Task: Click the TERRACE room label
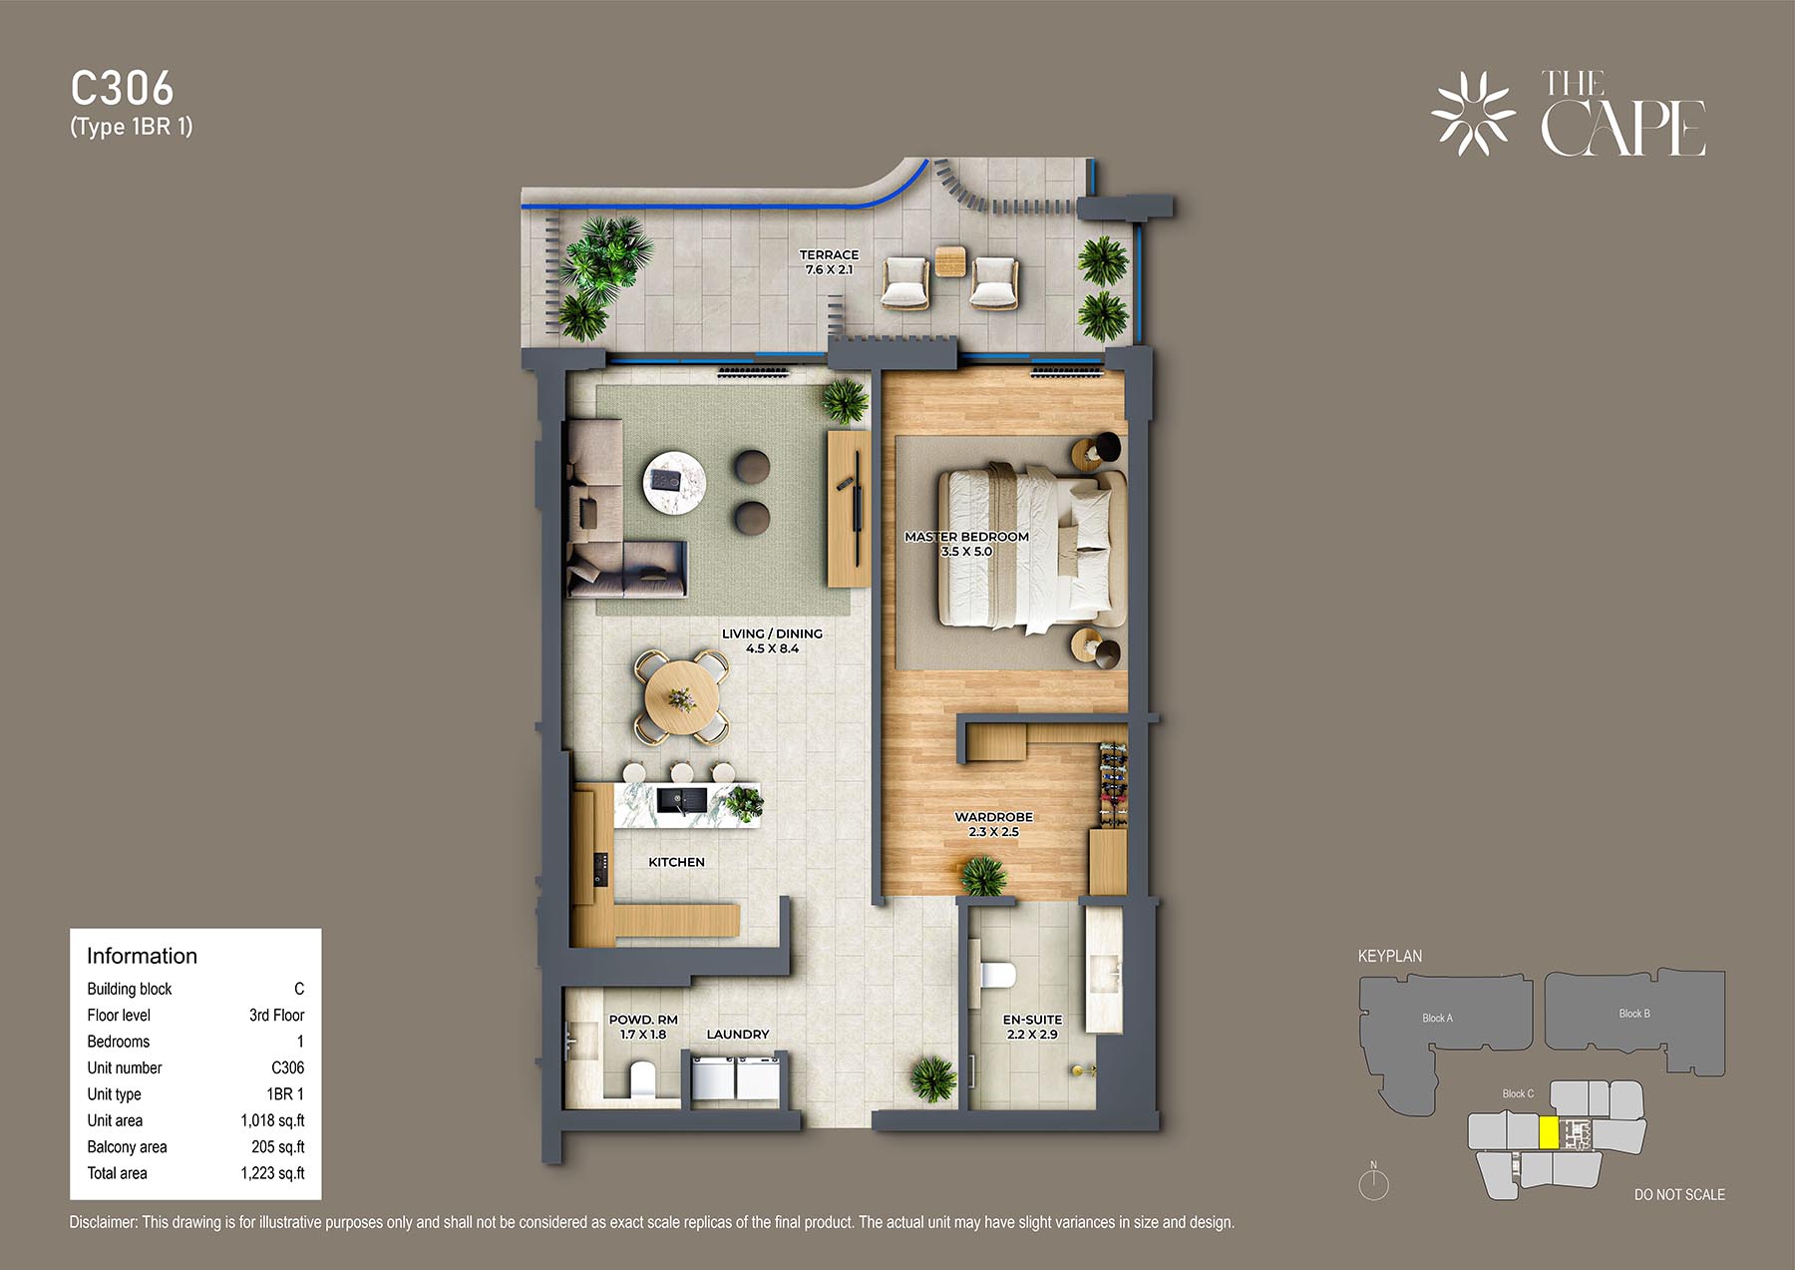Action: (x=829, y=255)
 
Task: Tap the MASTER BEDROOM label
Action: (x=966, y=537)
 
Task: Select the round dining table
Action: (x=682, y=697)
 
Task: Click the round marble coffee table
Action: (x=674, y=482)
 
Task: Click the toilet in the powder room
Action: (x=643, y=1080)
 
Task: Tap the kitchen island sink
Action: (x=682, y=800)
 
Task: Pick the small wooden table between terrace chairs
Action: (x=950, y=261)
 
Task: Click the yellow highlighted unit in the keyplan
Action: (x=1549, y=1133)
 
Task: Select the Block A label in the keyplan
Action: (x=1437, y=1019)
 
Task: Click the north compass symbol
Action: (x=1374, y=1182)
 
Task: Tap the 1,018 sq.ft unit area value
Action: (x=272, y=1121)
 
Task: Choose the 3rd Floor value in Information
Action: (x=276, y=1016)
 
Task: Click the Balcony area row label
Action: (x=127, y=1147)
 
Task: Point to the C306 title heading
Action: (x=122, y=89)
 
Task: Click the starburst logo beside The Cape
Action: (x=1473, y=114)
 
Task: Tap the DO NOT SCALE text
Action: (x=1679, y=1195)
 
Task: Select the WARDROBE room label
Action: (x=993, y=817)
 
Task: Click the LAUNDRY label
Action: (x=738, y=1035)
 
